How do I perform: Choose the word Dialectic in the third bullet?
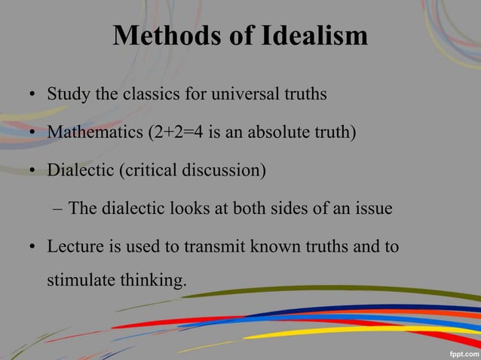[79, 170]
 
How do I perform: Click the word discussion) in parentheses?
[227, 170]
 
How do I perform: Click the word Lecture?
[74, 246]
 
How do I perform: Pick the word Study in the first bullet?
[66, 96]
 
